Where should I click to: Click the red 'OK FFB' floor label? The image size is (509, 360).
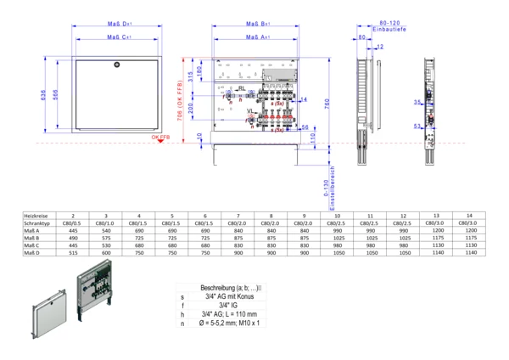(x=159, y=137)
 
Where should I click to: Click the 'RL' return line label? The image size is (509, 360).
(x=242, y=88)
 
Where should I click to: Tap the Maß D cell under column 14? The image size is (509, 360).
(x=469, y=253)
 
